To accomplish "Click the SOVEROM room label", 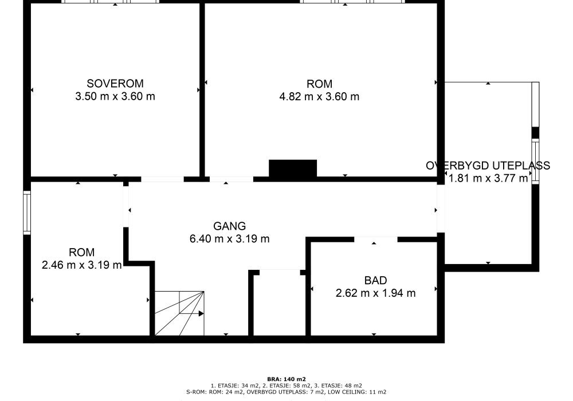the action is pos(115,84).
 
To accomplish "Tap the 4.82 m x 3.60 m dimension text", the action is pos(319,97).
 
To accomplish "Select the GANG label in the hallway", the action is pos(230,226).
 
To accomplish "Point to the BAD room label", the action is pos(375,281).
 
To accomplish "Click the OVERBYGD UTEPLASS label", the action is pos(488,166).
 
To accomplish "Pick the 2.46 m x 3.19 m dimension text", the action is pos(81,265).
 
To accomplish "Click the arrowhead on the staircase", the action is pos(201,313).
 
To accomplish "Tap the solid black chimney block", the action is pos(293,168).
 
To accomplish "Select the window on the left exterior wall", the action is pos(27,213).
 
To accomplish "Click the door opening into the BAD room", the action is pos(376,239).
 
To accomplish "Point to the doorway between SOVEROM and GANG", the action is pos(162,179).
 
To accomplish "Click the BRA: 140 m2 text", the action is pos(286,379).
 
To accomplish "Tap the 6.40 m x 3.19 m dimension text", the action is pos(230,239).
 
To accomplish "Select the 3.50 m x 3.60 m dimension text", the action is pos(115,96).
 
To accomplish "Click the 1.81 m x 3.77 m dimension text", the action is pos(488,178).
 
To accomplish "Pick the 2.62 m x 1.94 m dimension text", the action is pos(375,293).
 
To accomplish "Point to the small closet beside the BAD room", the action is pos(280,302).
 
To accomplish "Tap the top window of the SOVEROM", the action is pos(111,2).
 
